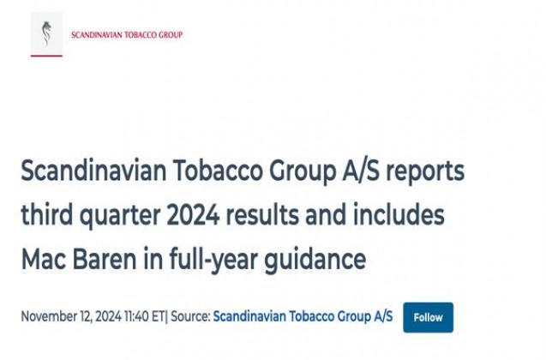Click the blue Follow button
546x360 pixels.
(429, 317)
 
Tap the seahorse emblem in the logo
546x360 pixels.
(46, 33)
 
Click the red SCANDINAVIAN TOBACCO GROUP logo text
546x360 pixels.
(127, 35)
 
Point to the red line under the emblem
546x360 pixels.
(46, 56)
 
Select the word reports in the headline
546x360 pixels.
(425, 171)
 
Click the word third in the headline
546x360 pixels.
(46, 214)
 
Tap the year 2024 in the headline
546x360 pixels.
(193, 215)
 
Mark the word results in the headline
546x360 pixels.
(262, 215)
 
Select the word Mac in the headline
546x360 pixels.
(44, 260)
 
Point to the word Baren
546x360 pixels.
(105, 260)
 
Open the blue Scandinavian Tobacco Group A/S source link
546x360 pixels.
(303, 317)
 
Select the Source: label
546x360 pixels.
(190, 317)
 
